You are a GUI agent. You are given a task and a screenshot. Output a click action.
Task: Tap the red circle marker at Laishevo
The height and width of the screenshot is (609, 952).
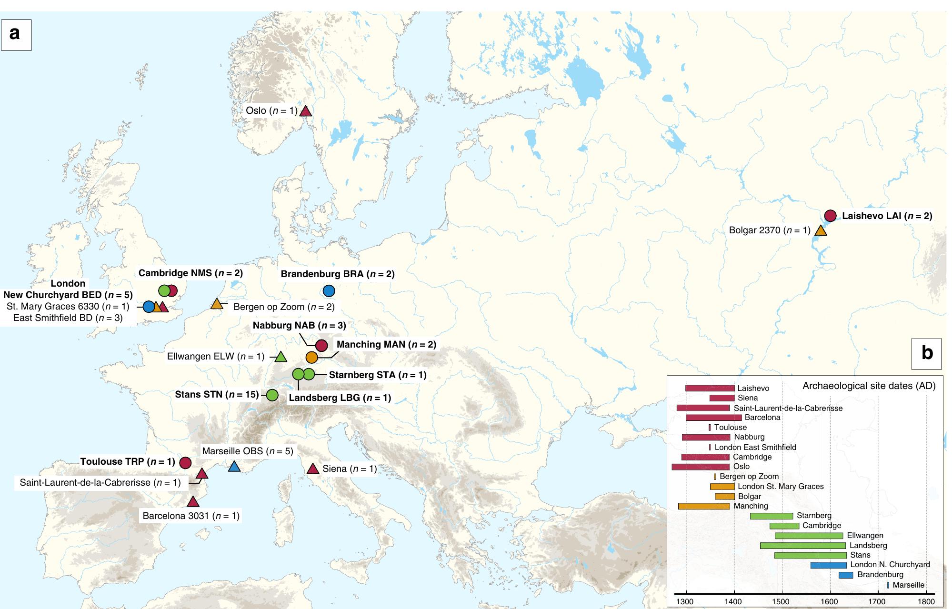[x=830, y=215]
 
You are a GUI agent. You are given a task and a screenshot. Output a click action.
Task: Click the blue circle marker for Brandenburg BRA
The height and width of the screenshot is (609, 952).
[x=329, y=290]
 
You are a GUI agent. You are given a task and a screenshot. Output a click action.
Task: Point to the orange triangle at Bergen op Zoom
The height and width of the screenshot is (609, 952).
[x=217, y=304]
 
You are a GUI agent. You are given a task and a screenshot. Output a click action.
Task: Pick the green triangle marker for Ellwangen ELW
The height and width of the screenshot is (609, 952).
[x=281, y=357]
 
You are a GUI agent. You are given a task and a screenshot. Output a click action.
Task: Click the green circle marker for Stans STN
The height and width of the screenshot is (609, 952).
[x=272, y=395]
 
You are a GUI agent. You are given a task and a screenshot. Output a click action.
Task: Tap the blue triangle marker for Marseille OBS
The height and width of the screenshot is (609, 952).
[x=234, y=467]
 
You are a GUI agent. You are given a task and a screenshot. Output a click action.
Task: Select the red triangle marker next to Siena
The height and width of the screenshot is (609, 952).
[x=313, y=469]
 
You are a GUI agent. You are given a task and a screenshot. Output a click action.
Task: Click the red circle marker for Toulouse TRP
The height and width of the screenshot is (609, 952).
[x=185, y=462]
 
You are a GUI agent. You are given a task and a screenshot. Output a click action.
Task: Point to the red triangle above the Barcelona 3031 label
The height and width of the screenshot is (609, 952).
[x=192, y=502]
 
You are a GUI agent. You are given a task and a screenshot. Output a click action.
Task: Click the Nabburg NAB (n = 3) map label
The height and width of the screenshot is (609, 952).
[x=299, y=326]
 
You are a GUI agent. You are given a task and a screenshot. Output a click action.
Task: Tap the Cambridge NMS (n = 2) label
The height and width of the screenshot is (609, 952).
[x=190, y=273]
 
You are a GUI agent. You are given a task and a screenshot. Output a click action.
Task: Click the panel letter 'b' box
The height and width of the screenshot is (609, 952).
[x=926, y=353]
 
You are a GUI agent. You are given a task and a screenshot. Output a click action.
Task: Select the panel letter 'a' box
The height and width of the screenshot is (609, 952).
[x=16, y=34]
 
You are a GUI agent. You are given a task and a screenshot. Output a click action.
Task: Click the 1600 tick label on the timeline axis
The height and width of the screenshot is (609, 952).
[x=830, y=601]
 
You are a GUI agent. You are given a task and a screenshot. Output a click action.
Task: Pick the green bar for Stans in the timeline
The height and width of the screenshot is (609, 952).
[x=810, y=555]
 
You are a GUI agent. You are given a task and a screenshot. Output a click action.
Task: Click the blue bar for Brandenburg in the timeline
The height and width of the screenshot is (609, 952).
[x=845, y=575]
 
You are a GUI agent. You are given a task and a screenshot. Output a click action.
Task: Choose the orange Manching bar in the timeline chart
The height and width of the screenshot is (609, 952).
[x=703, y=506]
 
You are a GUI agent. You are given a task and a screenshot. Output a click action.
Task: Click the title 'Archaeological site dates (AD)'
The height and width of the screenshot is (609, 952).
[x=869, y=386]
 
